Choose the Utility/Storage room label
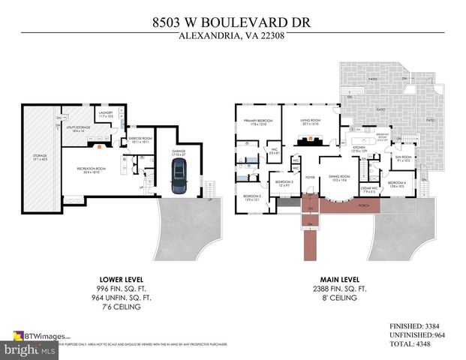pyautogui.click(x=73, y=129)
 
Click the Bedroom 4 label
pyautogui.click(x=396, y=184)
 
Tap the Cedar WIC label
pyautogui.click(x=368, y=189)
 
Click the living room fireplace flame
pyautogui.click(x=307, y=139)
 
